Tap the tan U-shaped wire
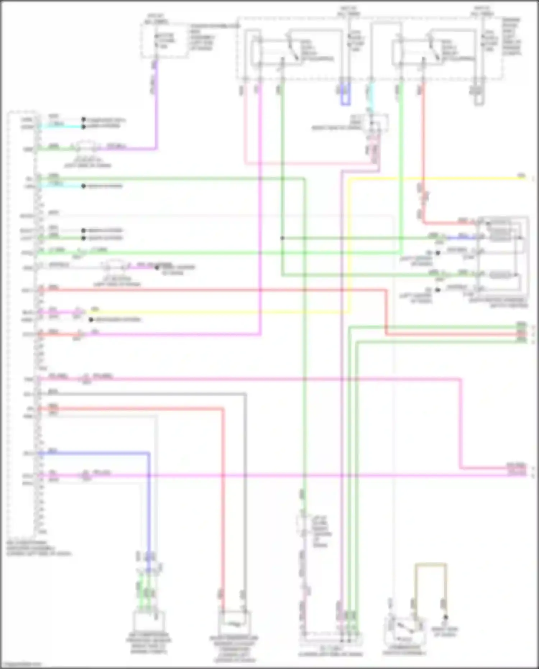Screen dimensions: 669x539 (431, 565)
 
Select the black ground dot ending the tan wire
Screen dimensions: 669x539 (446, 617)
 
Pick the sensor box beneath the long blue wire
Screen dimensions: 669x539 (149, 621)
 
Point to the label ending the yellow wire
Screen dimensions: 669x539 (521, 176)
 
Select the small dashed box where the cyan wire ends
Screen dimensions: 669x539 (376, 123)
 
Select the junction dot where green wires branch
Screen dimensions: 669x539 (282, 238)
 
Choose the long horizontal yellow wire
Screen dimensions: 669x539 (431, 178)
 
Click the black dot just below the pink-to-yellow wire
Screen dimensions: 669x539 (91, 320)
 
